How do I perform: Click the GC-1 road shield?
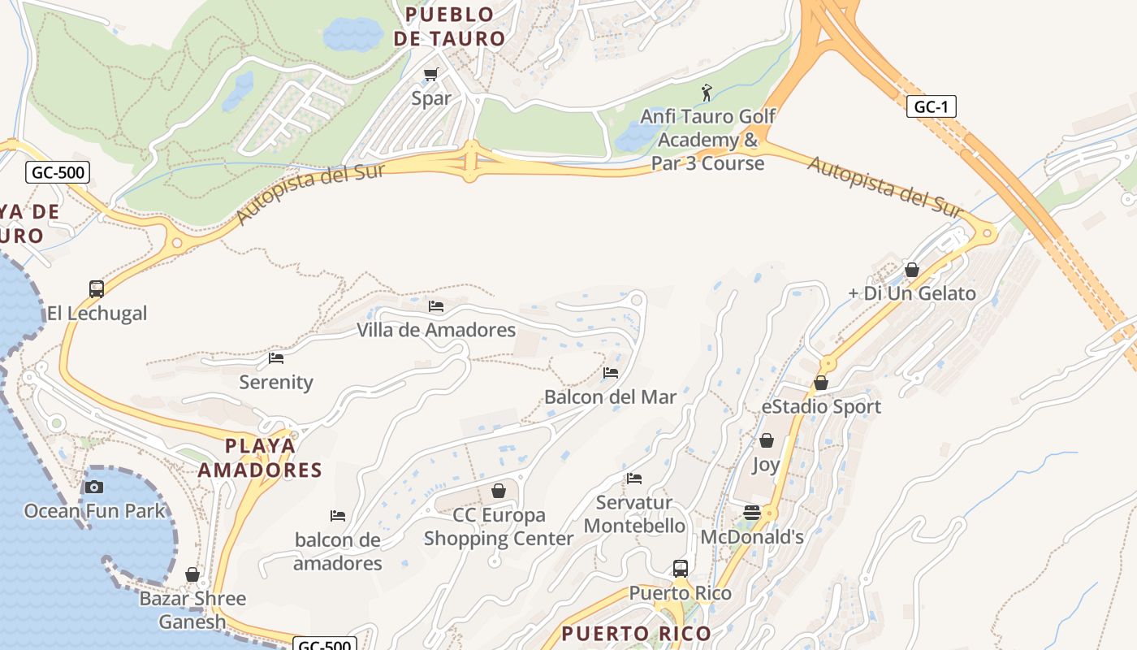point(931,106)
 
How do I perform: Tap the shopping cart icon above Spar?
point(431,75)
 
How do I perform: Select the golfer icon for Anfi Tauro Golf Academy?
point(707,93)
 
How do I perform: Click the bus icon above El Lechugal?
point(97,288)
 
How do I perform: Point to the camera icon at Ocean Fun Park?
point(94,487)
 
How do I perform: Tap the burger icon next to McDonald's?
point(752,513)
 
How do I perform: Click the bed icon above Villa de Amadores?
point(436,306)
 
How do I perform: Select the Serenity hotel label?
point(276,382)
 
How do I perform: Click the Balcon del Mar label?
point(610,397)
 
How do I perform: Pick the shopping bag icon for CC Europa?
point(499,491)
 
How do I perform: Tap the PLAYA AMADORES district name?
point(260,457)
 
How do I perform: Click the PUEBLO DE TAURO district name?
point(455,26)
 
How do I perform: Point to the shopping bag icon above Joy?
point(766,440)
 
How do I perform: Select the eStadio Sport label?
point(821,406)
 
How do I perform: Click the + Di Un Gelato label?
point(912,293)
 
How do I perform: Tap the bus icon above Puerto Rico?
point(681,568)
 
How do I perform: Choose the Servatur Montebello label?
point(634,514)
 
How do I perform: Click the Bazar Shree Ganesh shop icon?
point(192,574)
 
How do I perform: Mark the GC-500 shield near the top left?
point(57,172)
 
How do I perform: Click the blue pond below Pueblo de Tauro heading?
point(353,34)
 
